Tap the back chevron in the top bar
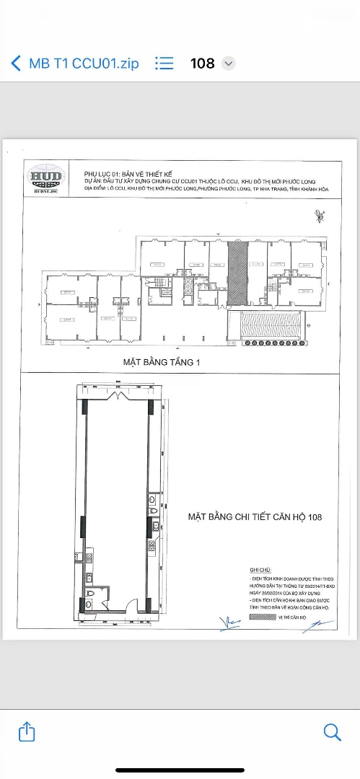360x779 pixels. coord(16,63)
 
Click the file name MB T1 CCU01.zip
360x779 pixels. coord(84,63)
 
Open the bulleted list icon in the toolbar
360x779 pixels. coord(164,63)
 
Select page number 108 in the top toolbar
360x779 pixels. coord(202,63)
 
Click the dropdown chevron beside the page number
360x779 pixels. coord(229,63)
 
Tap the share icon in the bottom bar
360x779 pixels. coord(26,732)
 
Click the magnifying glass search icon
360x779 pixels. coord(332,732)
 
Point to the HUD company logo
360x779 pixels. coord(45,178)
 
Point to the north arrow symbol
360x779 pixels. coord(319,216)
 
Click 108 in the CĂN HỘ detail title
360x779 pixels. coord(313,517)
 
